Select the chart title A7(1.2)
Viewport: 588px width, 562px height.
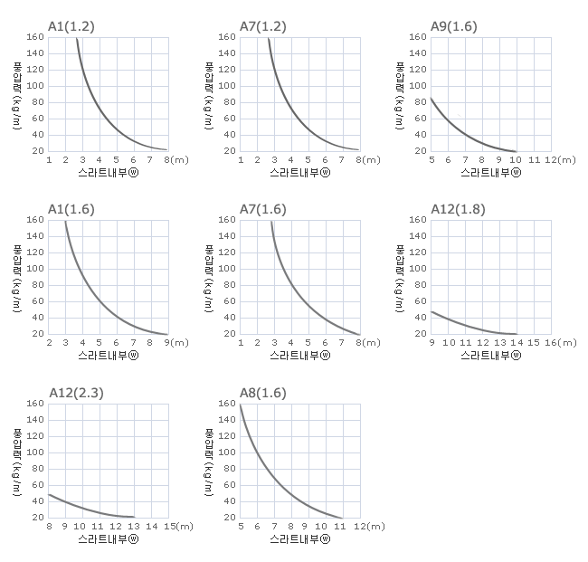pyautogui.click(x=263, y=25)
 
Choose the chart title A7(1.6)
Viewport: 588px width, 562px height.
pyautogui.click(x=263, y=209)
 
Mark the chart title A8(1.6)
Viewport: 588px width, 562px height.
pyautogui.click(x=263, y=393)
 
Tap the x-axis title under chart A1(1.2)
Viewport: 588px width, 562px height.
pyautogui.click(x=109, y=171)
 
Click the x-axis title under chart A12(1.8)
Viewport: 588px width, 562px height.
pyautogui.click(x=490, y=355)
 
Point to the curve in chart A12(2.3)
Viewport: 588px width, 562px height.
pyautogui.click(x=90, y=508)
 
